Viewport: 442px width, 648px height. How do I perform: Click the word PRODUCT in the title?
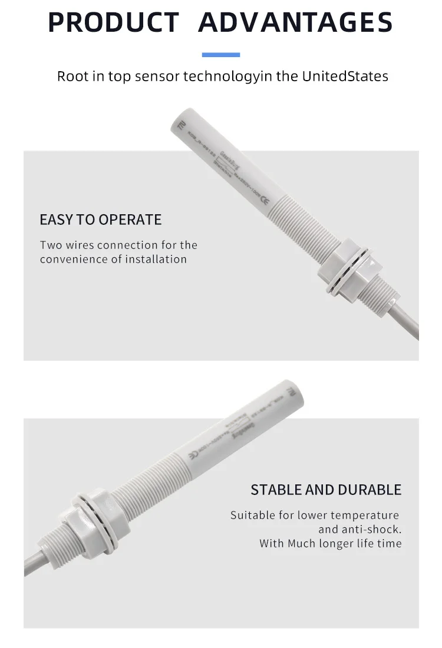point(113,22)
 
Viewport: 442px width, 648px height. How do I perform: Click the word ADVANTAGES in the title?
point(295,22)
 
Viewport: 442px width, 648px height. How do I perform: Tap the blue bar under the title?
point(221,55)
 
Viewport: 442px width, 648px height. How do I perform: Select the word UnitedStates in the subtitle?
point(345,76)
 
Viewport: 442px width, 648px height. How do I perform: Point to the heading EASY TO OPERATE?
point(100,220)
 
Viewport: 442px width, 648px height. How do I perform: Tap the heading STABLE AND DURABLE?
point(326,490)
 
